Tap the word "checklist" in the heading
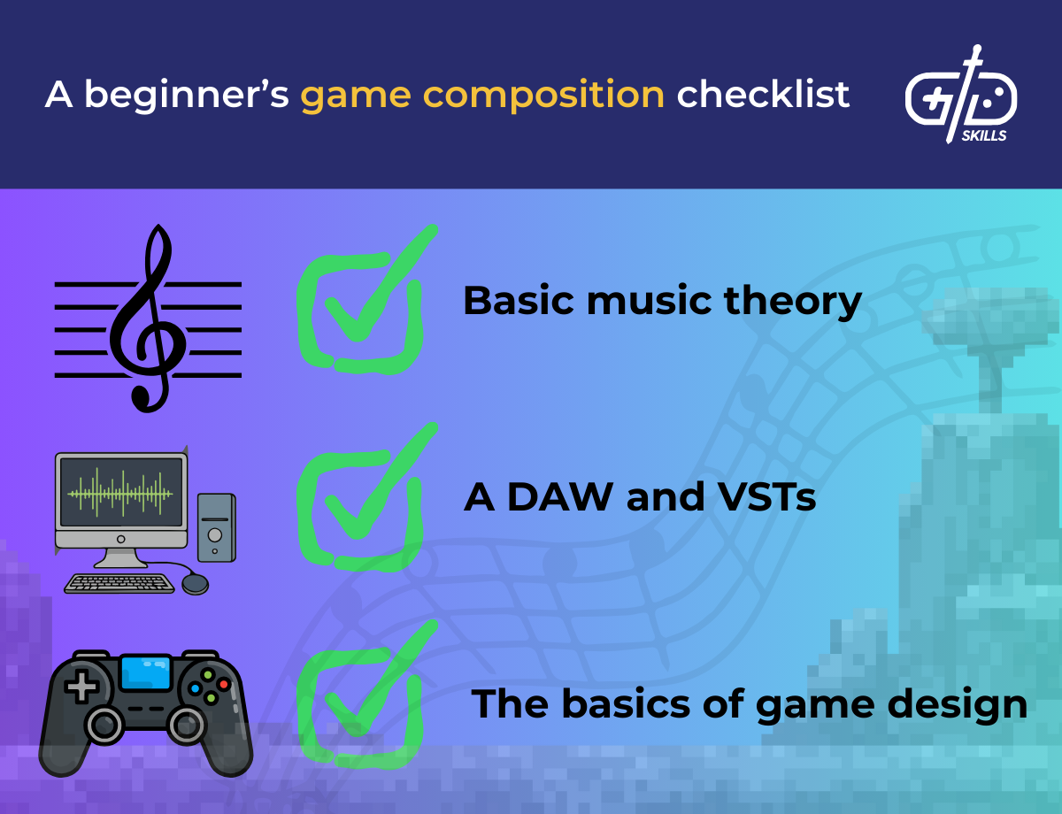[763, 94]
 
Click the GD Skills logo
[961, 96]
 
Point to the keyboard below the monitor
[119, 584]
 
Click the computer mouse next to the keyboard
[195, 584]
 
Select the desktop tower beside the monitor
[216, 527]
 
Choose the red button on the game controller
[223, 684]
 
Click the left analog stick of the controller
[104, 725]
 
